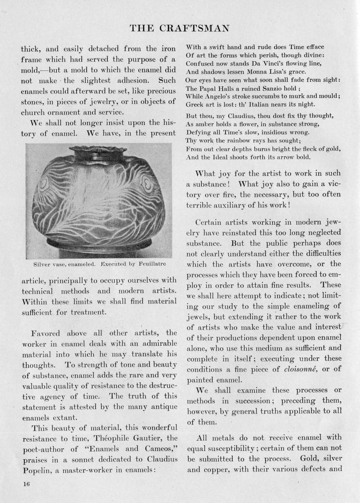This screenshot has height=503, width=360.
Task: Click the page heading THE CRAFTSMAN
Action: coord(180,28)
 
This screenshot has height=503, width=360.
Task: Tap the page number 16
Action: coord(25,484)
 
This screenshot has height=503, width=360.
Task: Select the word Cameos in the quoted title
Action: coord(162,449)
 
